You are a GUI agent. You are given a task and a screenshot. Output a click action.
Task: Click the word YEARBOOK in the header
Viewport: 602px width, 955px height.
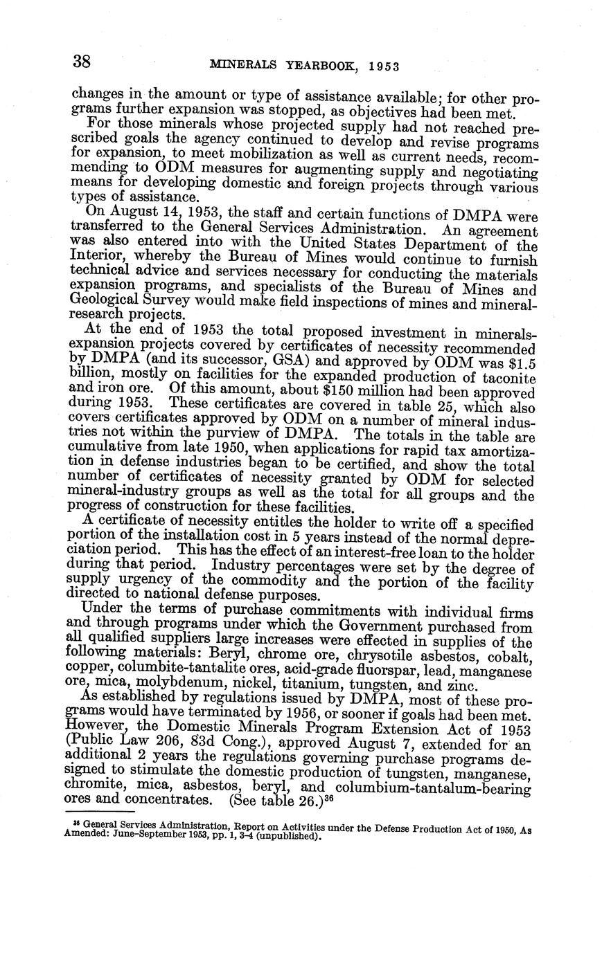tap(318, 66)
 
